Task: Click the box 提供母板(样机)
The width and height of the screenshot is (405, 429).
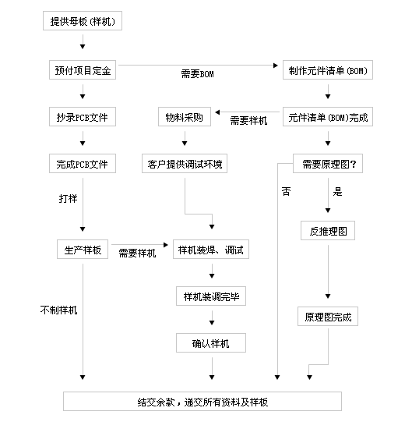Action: tap(82, 21)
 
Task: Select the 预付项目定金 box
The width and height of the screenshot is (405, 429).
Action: tap(82, 71)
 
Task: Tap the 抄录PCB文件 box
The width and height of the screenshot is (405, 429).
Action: tap(82, 118)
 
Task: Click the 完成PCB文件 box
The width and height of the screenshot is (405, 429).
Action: tap(82, 165)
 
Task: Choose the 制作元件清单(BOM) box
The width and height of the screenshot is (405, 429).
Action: tap(328, 71)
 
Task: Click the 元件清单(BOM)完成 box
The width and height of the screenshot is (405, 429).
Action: tap(328, 118)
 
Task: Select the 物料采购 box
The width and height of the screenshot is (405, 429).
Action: tap(185, 118)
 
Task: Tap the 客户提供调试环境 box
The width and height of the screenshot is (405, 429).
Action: tap(185, 165)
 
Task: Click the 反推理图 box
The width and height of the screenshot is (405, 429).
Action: tap(328, 232)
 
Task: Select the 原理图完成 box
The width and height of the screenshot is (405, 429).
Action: tap(328, 317)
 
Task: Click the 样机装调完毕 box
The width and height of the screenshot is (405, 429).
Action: tap(211, 296)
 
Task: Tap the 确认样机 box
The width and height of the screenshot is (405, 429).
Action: tap(211, 342)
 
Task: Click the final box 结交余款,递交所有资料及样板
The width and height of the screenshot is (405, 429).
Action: tap(202, 402)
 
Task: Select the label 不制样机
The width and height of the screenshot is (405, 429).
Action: tap(59, 310)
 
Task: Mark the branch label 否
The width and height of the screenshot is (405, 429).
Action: tap(286, 191)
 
